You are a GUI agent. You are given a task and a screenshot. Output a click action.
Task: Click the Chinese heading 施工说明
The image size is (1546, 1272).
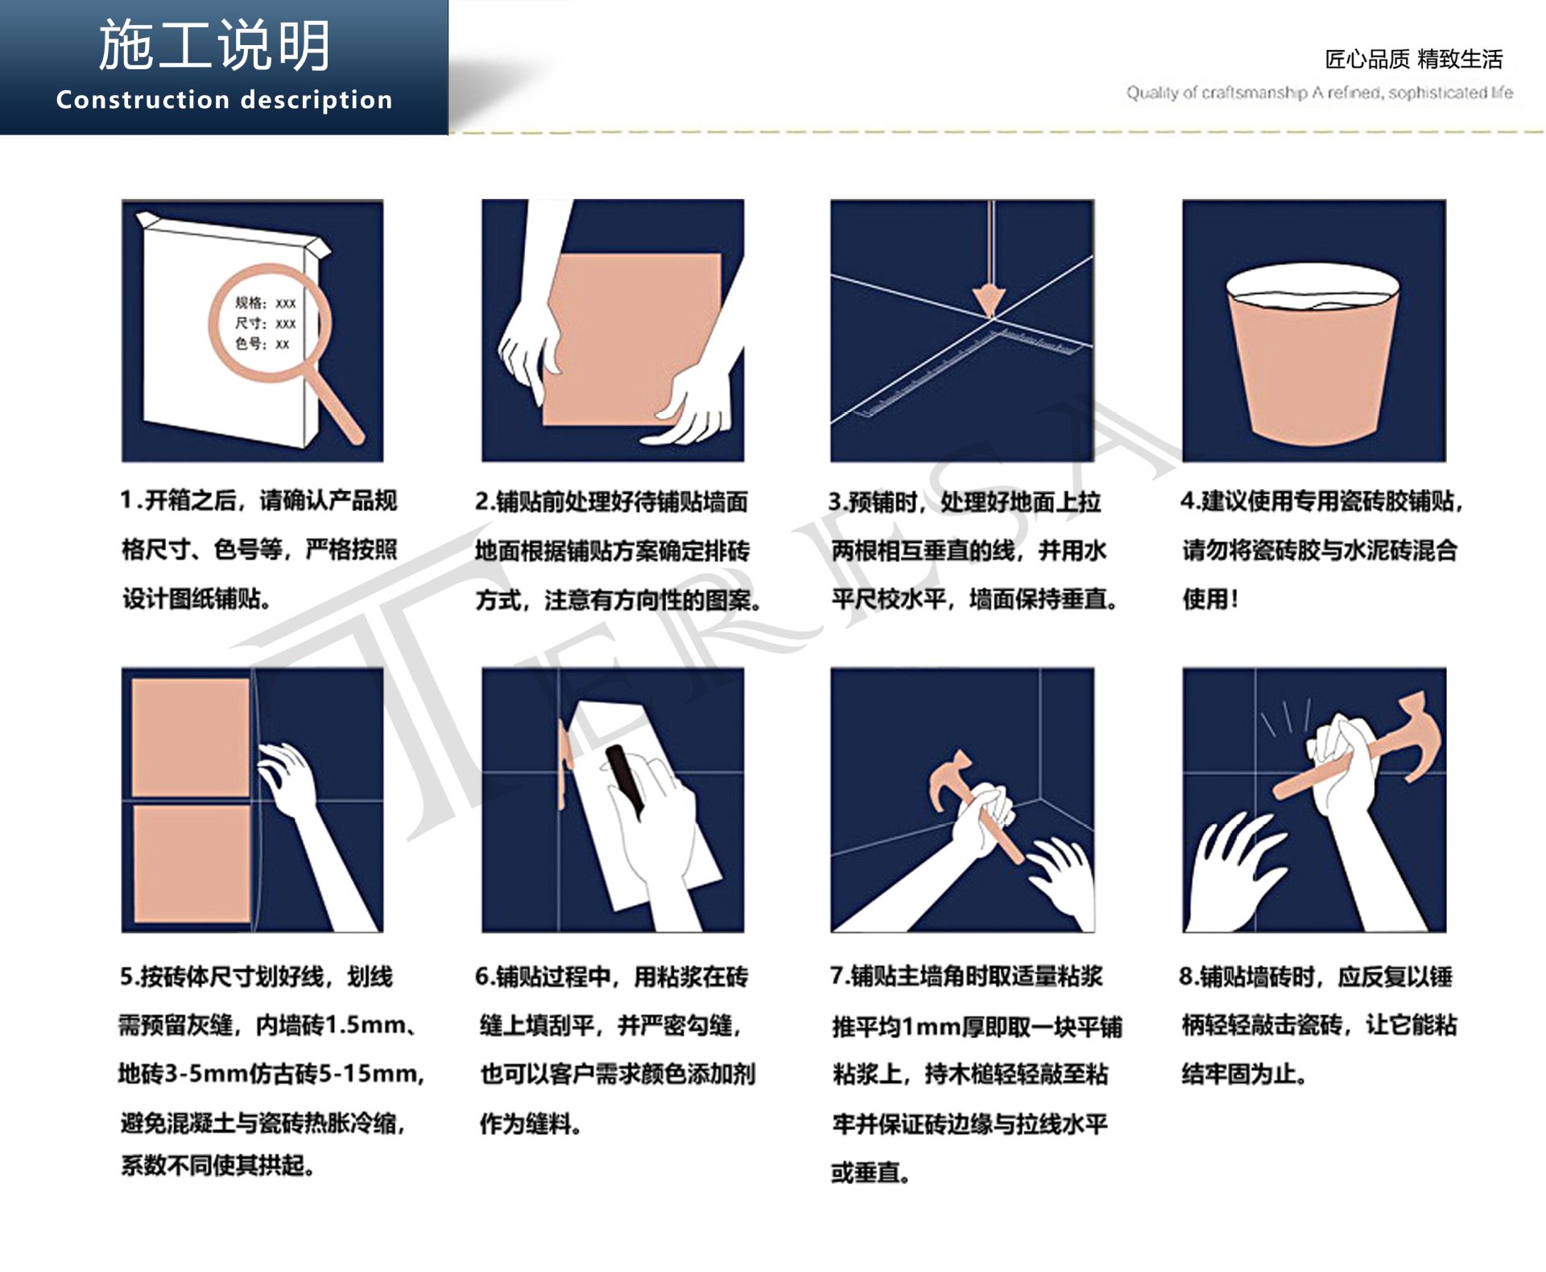(215, 46)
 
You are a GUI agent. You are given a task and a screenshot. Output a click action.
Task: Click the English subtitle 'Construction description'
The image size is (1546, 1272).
(224, 100)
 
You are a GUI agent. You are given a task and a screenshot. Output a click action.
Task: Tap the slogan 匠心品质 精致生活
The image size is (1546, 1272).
(1413, 59)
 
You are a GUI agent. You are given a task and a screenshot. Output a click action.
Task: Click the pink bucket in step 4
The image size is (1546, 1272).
(1312, 362)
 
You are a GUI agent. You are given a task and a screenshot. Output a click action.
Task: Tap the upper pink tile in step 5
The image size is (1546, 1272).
(190, 737)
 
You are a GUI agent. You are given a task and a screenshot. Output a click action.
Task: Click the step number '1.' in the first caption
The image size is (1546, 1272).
(131, 501)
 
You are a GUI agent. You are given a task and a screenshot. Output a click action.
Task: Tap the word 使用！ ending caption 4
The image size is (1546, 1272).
(1209, 598)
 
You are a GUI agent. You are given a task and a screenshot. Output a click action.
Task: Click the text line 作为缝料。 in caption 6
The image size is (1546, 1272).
(529, 1123)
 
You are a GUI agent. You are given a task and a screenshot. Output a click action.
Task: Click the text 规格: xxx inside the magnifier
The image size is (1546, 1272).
(265, 303)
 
